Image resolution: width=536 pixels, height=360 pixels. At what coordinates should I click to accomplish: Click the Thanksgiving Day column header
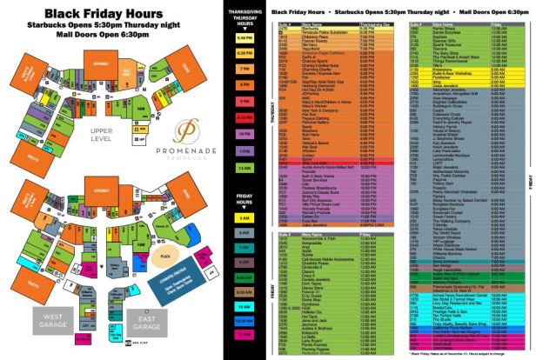point(370,23)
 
